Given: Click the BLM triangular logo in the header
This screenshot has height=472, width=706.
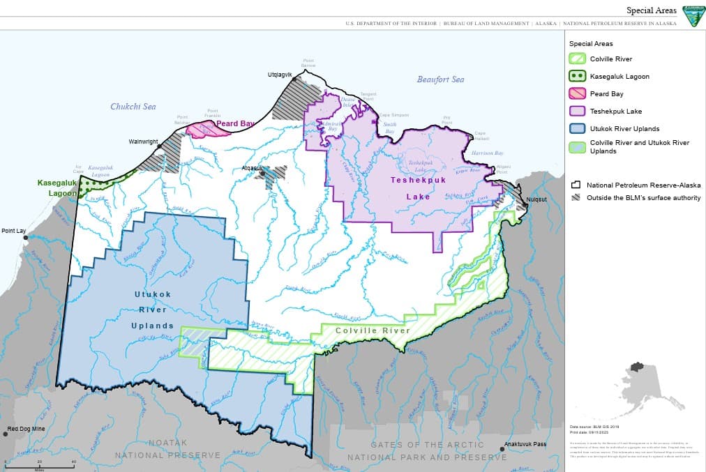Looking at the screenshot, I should point(693,16).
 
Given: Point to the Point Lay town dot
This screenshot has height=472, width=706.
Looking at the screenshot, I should point(27,238).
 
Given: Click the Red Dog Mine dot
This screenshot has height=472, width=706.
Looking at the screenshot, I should point(6,434).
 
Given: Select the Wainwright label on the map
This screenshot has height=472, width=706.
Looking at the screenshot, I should point(143,142).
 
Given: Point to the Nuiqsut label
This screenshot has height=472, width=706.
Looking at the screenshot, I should point(536,199).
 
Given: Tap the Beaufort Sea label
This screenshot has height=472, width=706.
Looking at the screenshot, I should point(440,79).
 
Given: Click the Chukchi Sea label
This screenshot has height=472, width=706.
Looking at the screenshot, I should point(133,107).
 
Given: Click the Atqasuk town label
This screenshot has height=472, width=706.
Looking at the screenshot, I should point(252,168).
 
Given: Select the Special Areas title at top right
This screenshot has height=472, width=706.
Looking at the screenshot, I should point(651,10).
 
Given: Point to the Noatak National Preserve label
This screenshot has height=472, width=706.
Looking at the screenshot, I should point(167,449).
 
